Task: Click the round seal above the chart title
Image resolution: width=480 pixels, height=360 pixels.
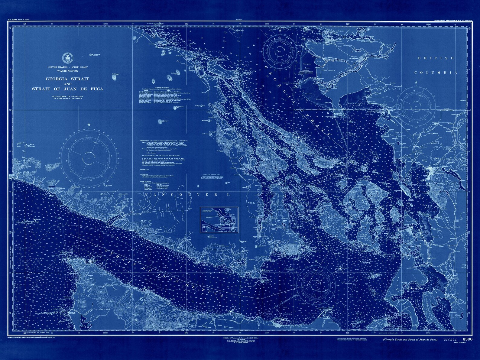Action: tap(66, 57)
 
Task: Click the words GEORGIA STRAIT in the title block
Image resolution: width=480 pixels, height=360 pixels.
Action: tap(67, 79)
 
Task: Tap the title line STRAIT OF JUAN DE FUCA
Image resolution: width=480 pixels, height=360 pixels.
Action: tap(67, 89)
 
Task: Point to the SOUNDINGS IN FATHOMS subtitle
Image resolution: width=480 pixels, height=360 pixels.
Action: tap(67, 96)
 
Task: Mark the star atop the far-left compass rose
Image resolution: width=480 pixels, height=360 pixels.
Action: tap(89, 125)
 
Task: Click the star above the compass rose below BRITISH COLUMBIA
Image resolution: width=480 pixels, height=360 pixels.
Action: tap(416, 82)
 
